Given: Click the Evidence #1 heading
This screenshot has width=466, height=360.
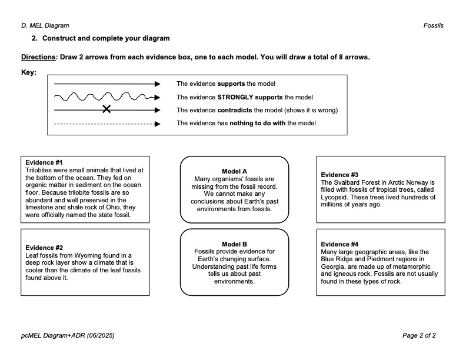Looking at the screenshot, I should (44, 162).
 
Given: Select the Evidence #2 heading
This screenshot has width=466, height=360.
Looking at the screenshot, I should (44, 248).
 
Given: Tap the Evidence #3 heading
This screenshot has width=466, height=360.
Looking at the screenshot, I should (339, 175).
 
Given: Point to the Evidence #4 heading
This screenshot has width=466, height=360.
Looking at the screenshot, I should (339, 244).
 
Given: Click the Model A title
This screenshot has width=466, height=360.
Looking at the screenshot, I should (234, 171).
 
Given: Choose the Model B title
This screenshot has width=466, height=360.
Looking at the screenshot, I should (234, 244).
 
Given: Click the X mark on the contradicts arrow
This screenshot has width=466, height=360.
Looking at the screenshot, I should (106, 109).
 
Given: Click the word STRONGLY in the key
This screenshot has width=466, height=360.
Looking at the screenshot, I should (235, 97).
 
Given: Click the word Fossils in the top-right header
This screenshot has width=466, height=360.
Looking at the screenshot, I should (433, 26).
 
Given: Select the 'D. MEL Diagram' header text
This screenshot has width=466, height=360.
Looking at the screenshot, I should (45, 26).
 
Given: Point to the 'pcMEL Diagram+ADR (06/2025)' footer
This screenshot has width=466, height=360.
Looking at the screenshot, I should (68, 336).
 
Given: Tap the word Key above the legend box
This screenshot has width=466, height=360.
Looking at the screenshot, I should (28, 73).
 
